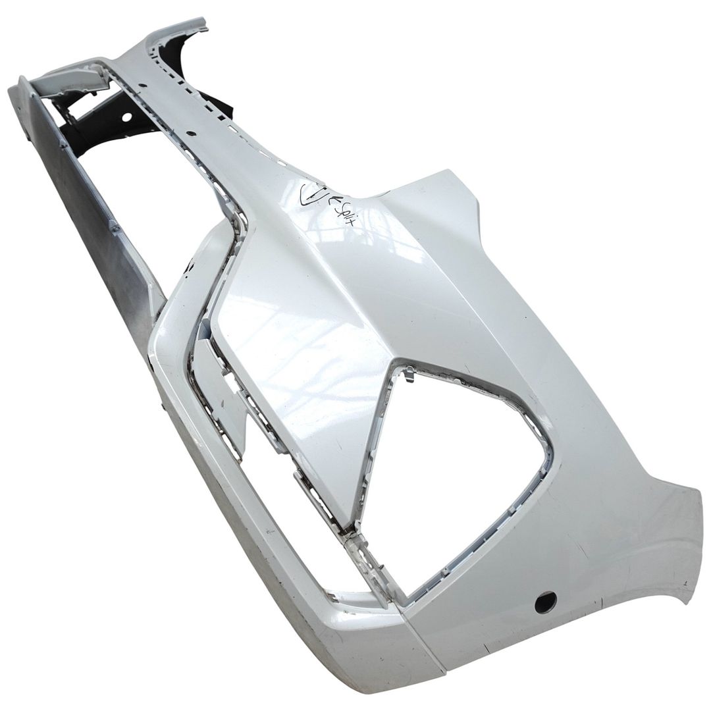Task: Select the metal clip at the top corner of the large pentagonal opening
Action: tap(408, 374)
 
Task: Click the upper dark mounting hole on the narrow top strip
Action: tap(142, 85)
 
